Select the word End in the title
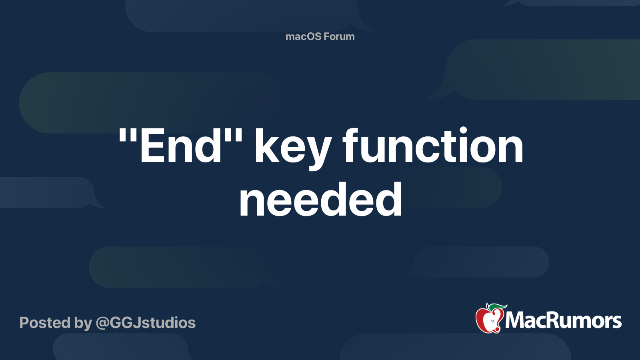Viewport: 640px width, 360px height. tap(180, 146)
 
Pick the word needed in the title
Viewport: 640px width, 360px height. tap(320, 200)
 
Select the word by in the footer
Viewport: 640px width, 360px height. tap(83, 324)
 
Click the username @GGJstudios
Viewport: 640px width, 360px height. tap(146, 323)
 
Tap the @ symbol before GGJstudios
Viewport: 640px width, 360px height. tap(102, 324)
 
